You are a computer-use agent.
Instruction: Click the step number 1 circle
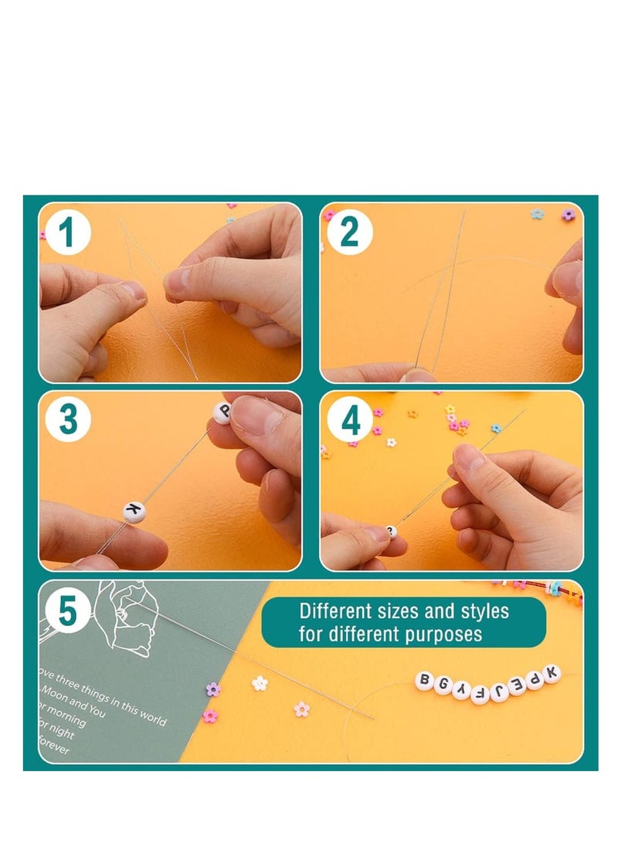(69, 233)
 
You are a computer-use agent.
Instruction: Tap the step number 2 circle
(350, 233)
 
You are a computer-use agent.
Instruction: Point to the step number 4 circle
(350, 422)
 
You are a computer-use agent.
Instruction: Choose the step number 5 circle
(69, 611)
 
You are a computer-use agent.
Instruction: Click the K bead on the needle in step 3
(134, 511)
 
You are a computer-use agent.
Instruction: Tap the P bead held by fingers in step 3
(222, 413)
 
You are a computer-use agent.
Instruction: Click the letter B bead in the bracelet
(423, 680)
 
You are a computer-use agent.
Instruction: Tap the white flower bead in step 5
(260, 683)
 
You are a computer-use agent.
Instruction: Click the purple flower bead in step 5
(213, 689)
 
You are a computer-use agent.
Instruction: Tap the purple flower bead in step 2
(569, 215)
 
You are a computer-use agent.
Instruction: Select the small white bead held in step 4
(391, 532)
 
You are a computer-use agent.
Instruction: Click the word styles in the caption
(484, 611)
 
